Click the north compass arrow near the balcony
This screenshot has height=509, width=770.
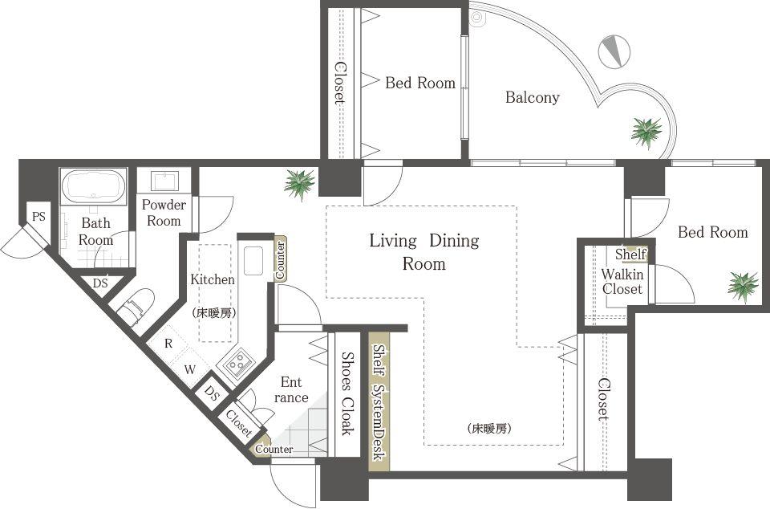pos(614,51)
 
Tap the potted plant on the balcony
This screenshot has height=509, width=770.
pos(646,132)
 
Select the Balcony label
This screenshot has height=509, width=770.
pos(532,98)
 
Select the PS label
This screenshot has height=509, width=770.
pos(38,215)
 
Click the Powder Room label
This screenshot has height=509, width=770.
pos(164,212)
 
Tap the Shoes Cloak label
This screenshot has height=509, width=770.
pos(347,393)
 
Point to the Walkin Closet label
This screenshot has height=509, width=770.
pos(622,281)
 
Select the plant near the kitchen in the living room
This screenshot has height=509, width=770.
pos(299,184)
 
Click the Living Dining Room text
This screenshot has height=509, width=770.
pos(423,251)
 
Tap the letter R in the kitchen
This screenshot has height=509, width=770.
pos(168,343)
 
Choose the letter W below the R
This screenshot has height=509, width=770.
pos(190,369)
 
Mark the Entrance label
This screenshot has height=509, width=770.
pos(290,390)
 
